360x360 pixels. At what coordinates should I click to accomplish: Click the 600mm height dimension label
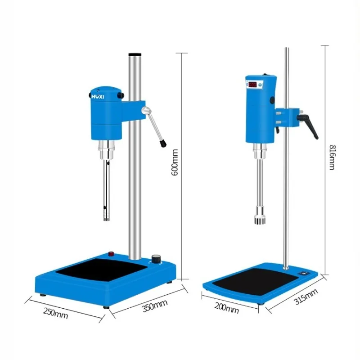[175, 162]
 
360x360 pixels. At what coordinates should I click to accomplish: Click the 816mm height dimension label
[332, 157]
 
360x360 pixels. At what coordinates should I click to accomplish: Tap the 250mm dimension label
[55, 313]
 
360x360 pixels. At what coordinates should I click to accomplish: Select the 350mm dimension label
[155, 306]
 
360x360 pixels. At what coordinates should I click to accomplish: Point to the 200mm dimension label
[227, 308]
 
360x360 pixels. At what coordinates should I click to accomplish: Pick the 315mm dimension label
[306, 297]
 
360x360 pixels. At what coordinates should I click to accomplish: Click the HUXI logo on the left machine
[98, 97]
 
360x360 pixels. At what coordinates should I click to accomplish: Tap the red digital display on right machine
[252, 85]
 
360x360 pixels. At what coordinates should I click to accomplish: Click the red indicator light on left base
[111, 254]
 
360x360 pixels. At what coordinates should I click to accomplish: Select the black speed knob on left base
[156, 259]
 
